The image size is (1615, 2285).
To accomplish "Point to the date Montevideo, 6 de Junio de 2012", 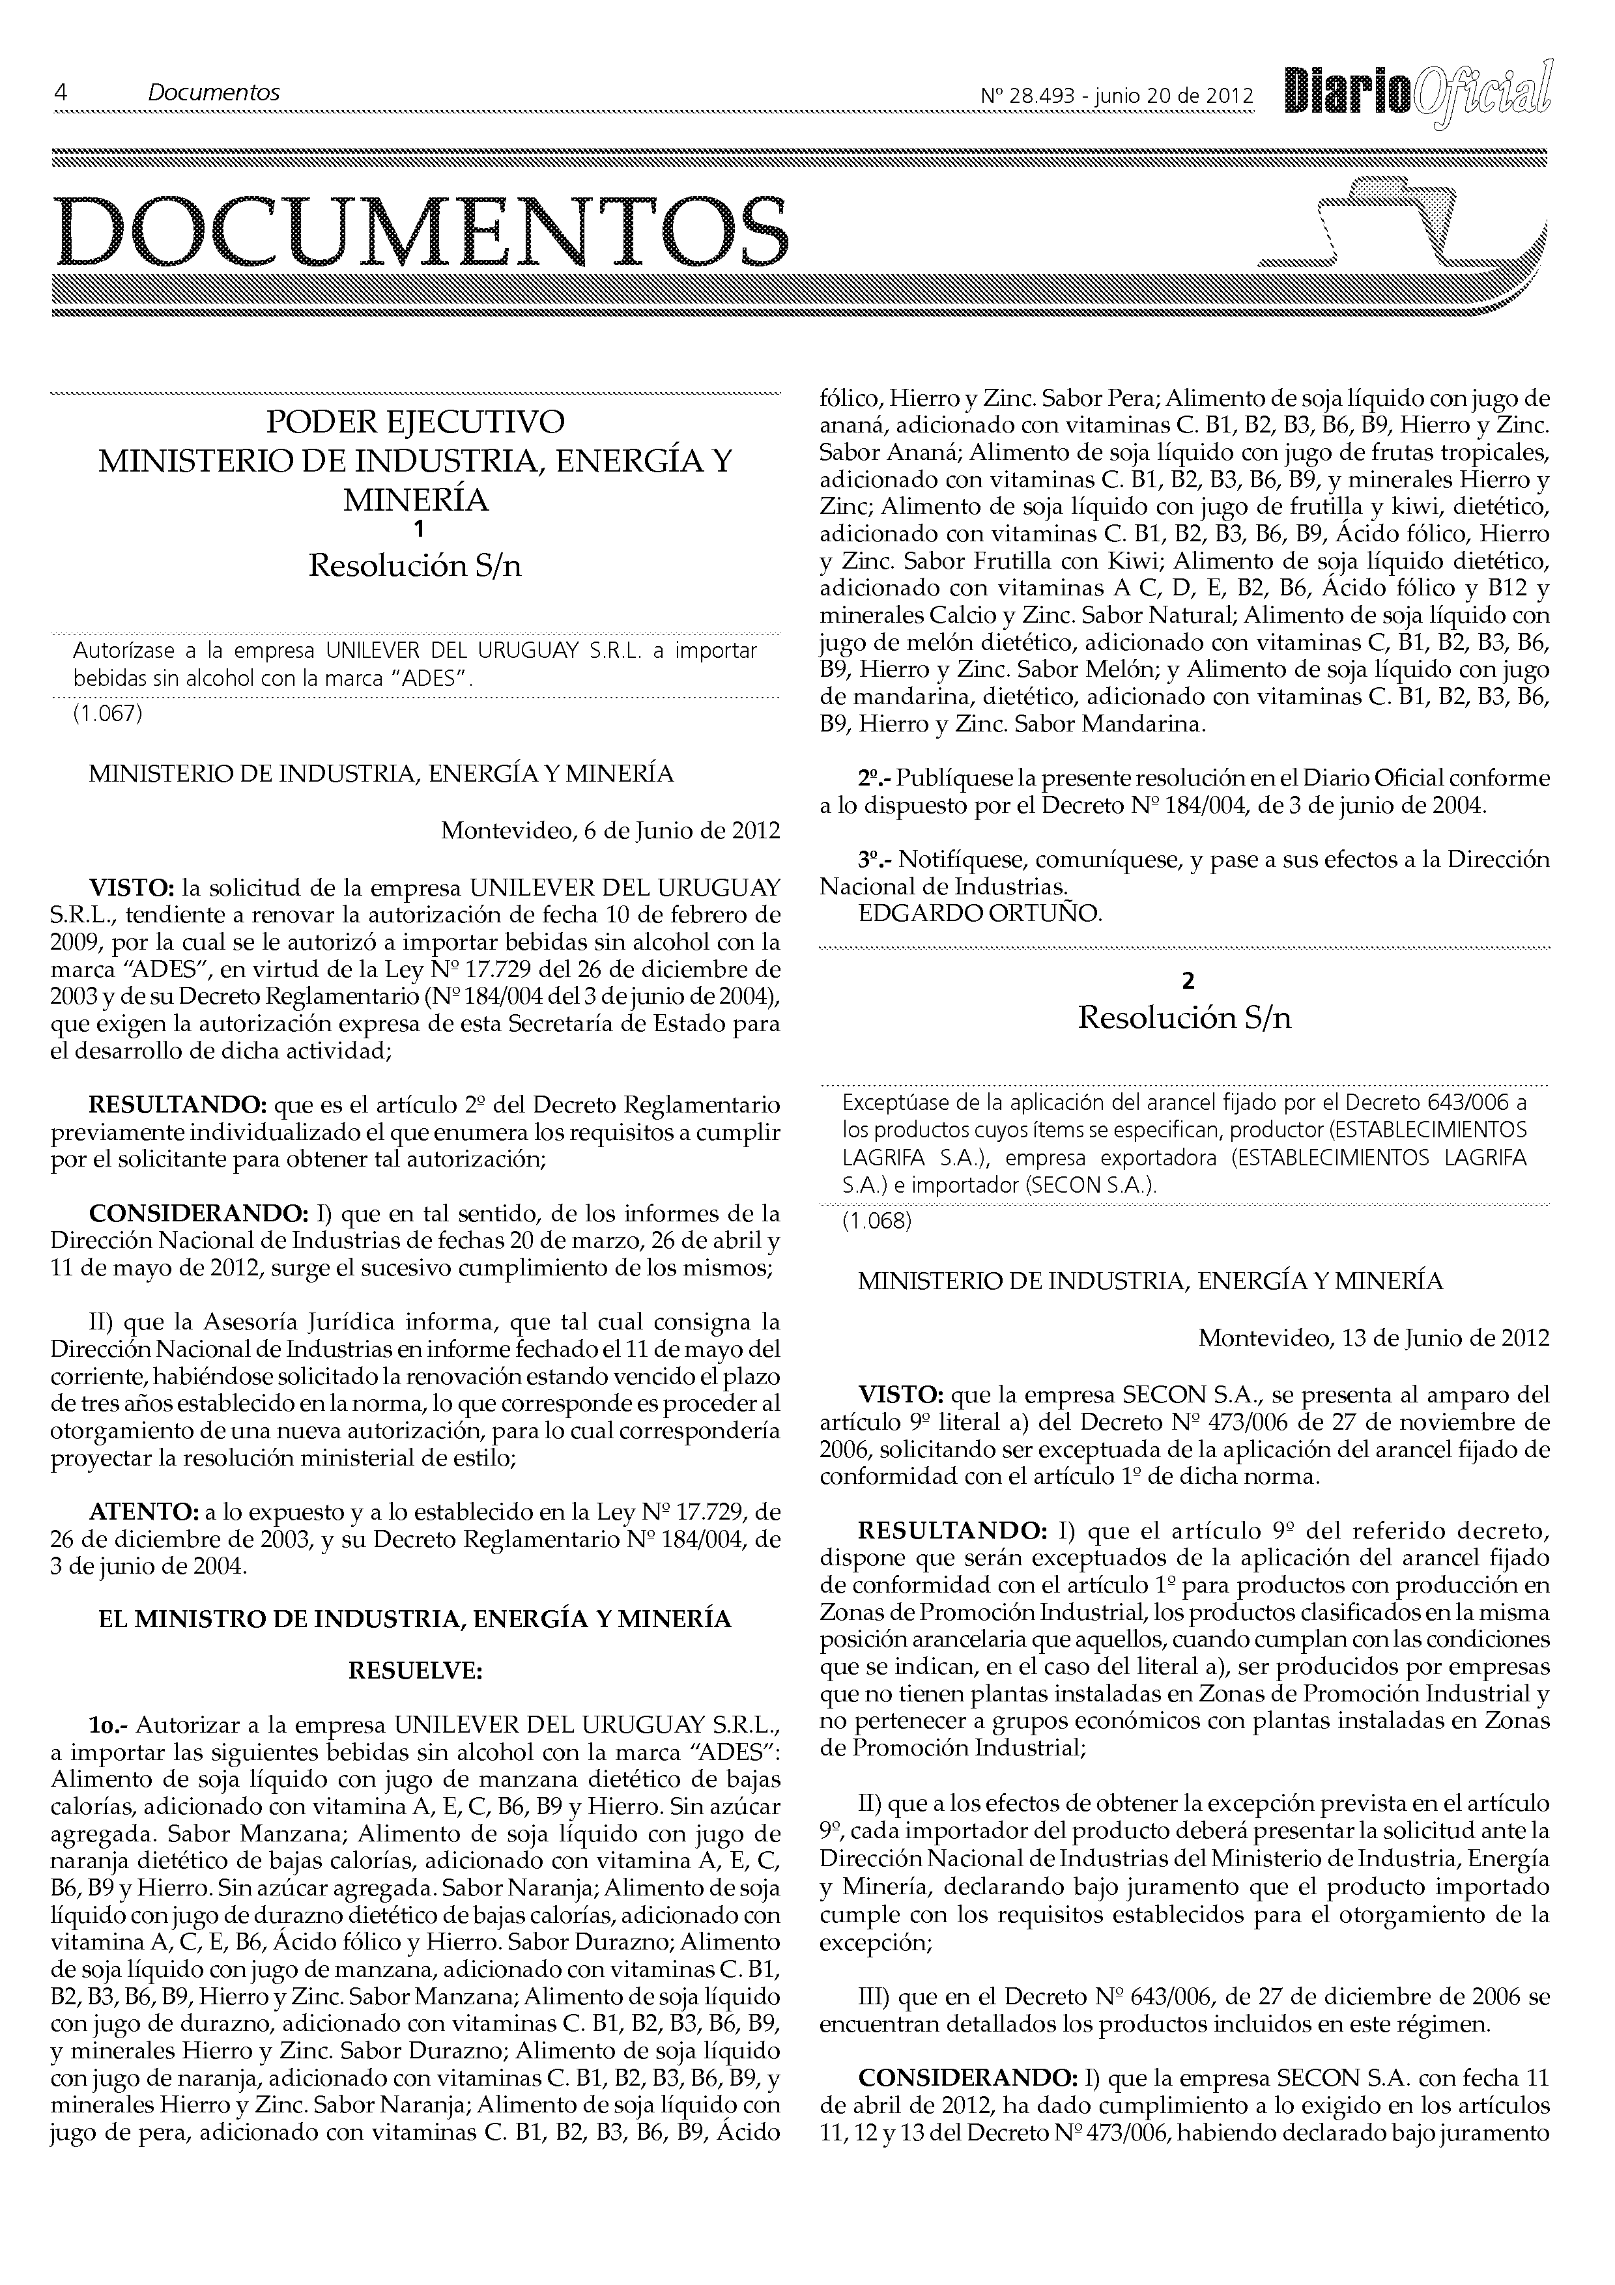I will pyautogui.click(x=610, y=830).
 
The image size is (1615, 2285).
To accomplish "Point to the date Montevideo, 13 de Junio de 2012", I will pyautogui.click(x=1374, y=1337).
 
